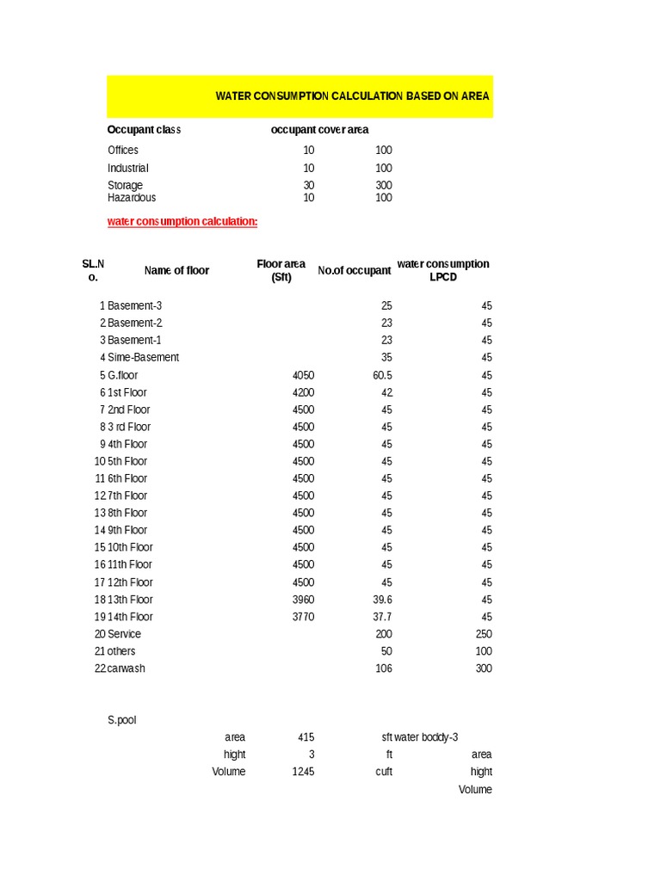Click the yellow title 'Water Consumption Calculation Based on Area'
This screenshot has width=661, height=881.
click(x=352, y=96)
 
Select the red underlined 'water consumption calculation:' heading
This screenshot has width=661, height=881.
click(x=182, y=222)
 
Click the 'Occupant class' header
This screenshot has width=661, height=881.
click(x=144, y=130)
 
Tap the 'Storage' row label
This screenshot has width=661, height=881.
click(x=125, y=185)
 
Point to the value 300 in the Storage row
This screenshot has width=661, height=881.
click(x=383, y=185)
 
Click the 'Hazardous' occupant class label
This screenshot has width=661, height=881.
click(x=132, y=198)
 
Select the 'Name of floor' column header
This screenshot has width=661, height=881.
click(x=176, y=270)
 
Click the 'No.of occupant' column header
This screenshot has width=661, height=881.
click(x=354, y=270)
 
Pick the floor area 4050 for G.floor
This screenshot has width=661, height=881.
click(x=303, y=375)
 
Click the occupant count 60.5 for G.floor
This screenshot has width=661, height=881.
click(x=382, y=375)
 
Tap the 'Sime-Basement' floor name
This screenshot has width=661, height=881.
click(x=143, y=357)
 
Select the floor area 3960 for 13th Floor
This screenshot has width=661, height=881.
click(x=303, y=600)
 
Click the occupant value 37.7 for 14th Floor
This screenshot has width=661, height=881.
click(x=382, y=617)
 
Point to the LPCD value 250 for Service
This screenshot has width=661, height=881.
click(x=483, y=634)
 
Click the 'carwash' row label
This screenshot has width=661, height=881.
click(x=126, y=668)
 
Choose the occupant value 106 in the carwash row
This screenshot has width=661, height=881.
click(x=384, y=668)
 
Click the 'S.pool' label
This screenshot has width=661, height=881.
click(x=121, y=720)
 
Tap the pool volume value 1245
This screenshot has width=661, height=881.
click(x=303, y=772)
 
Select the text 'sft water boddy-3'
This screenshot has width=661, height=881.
click(x=420, y=737)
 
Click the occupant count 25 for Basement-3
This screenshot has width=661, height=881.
click(x=386, y=305)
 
